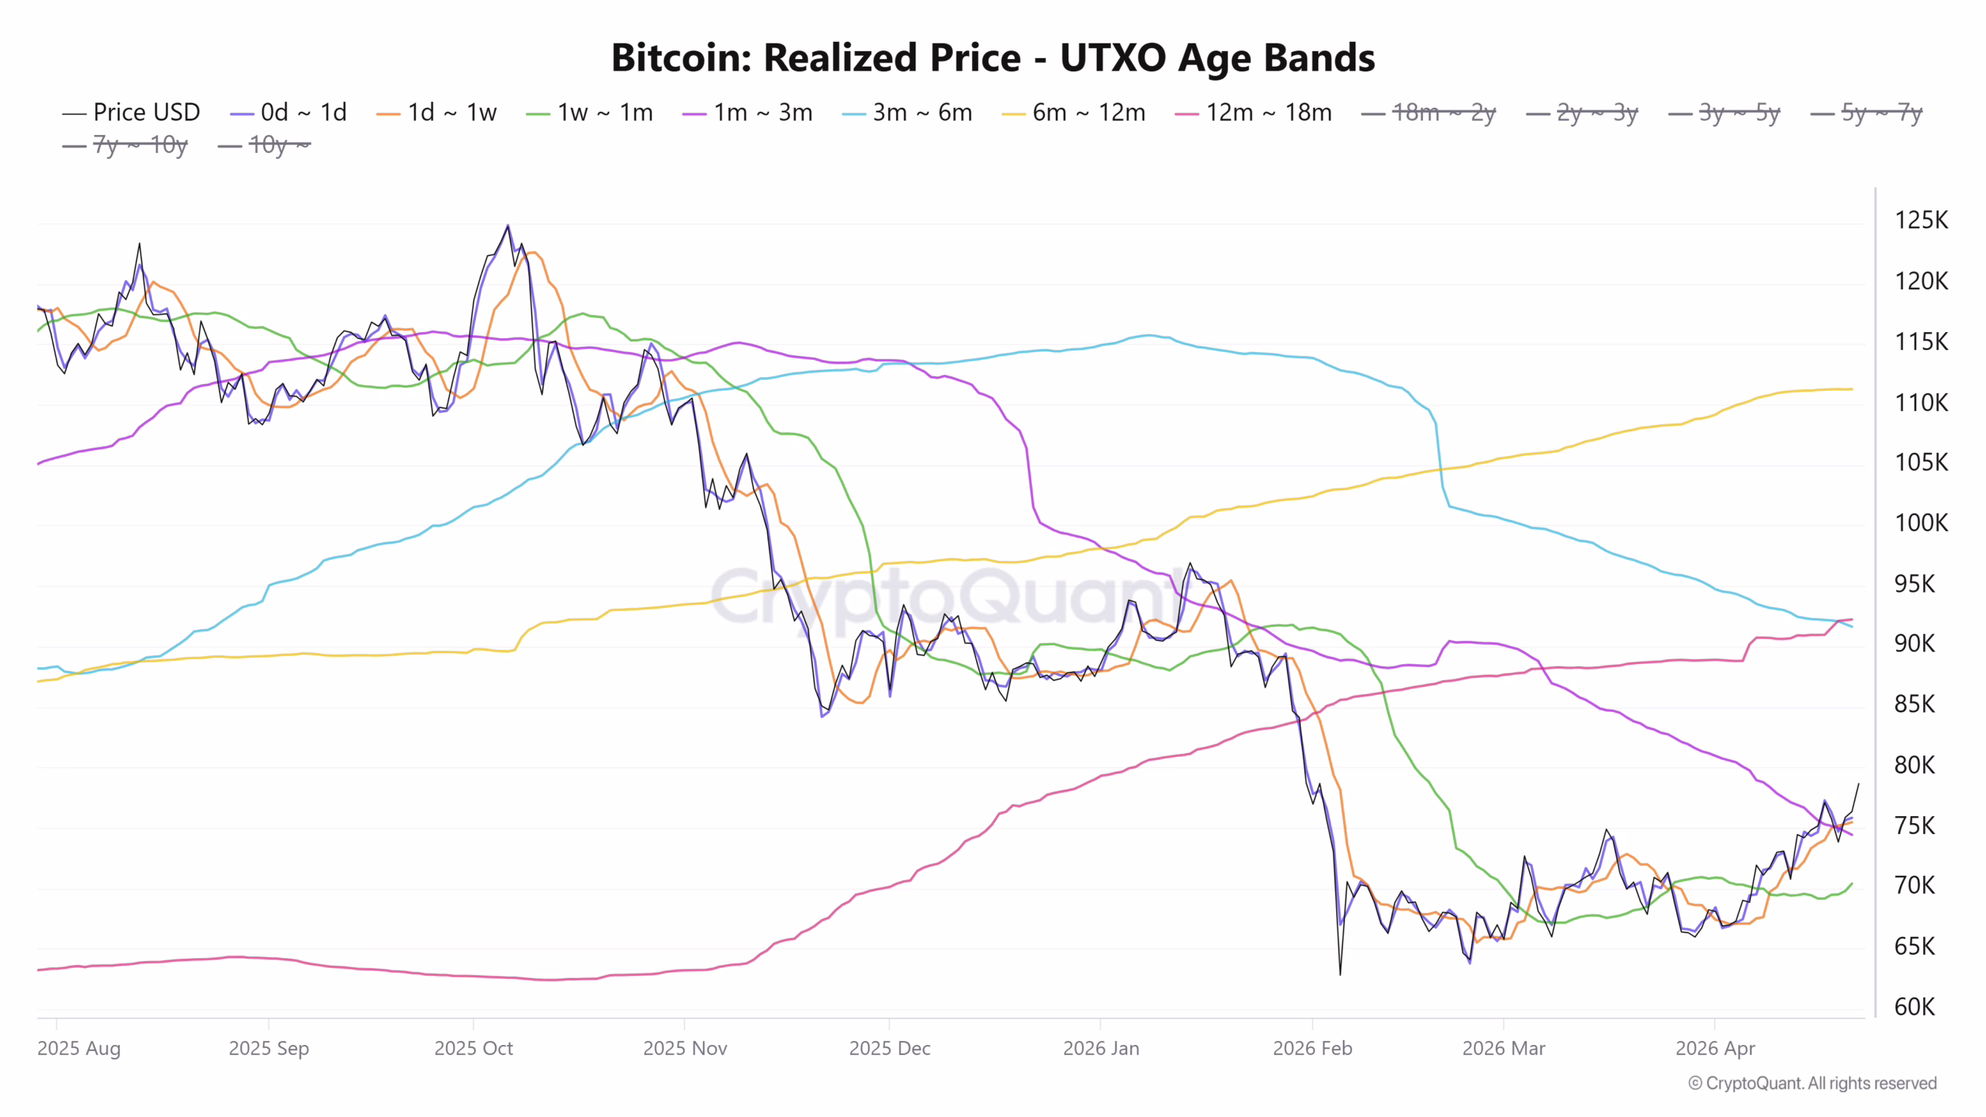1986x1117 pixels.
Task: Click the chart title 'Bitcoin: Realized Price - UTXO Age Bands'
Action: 993,58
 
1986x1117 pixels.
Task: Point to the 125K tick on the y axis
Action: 1921,220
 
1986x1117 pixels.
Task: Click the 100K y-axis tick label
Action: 1921,523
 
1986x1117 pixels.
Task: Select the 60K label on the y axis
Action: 1915,1007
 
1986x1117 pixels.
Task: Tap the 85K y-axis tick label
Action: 1915,704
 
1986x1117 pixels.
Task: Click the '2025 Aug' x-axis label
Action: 78,1049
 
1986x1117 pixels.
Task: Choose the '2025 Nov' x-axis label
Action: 685,1049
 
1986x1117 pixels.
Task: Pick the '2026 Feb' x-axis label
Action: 1313,1049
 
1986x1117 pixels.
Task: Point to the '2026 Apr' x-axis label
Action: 1715,1049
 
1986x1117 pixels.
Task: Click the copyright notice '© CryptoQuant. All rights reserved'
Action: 1812,1084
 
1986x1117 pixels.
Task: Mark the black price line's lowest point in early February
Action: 1340,974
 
